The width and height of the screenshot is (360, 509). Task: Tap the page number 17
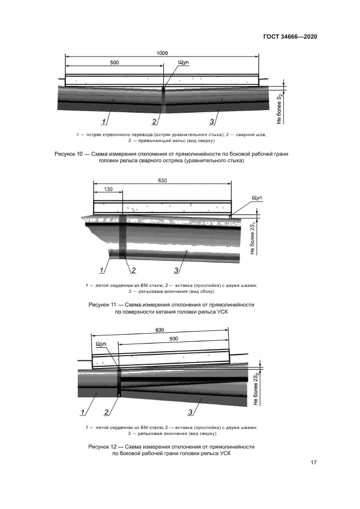[x=314, y=463]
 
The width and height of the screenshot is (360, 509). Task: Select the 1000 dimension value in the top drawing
[x=162, y=53]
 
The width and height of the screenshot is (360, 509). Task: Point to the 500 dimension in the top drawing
[x=114, y=63]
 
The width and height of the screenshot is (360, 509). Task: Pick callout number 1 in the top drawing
[x=102, y=121]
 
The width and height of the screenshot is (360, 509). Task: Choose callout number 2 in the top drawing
[x=155, y=121]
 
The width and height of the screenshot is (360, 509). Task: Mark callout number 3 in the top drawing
[x=211, y=121]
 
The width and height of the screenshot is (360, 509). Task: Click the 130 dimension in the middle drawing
[x=108, y=189]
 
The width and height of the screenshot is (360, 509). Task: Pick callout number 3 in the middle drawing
[x=176, y=270]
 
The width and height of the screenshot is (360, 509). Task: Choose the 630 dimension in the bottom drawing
[x=160, y=330]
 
